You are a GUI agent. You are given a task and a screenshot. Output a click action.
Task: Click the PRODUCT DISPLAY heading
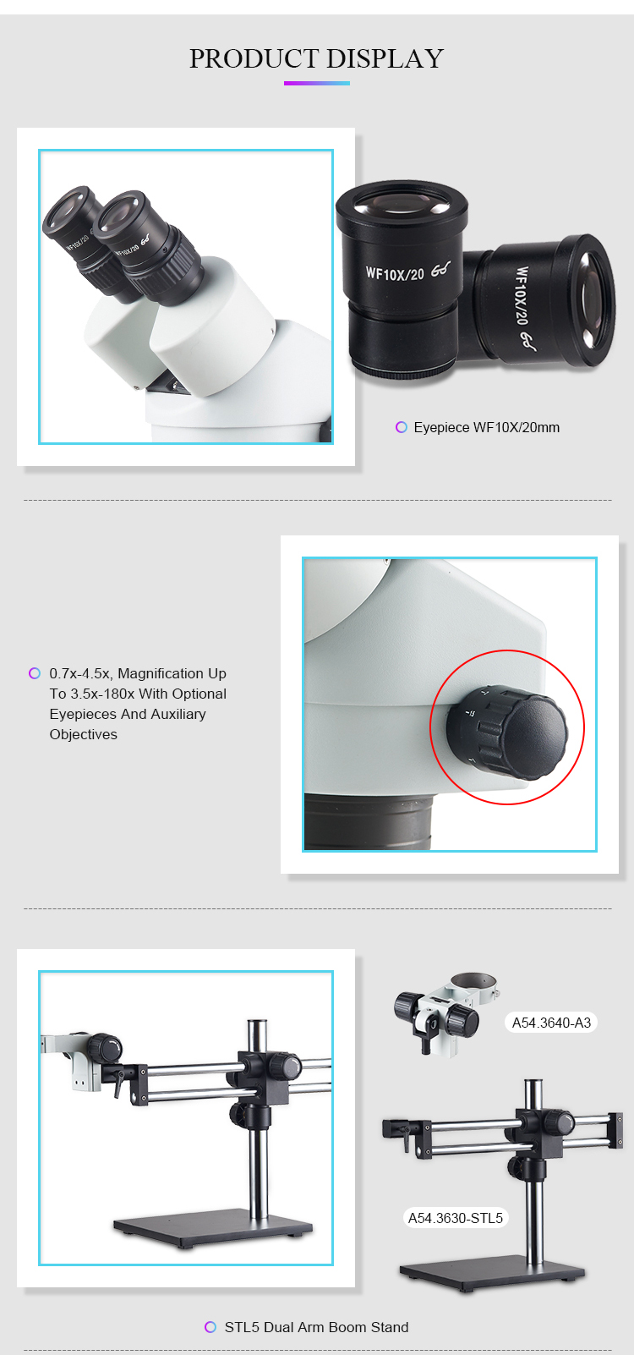(x=317, y=58)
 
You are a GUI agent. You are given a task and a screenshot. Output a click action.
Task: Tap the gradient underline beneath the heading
(x=317, y=83)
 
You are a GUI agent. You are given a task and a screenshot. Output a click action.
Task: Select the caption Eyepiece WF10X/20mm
(x=487, y=428)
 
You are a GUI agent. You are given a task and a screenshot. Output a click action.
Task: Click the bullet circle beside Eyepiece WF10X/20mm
(x=402, y=428)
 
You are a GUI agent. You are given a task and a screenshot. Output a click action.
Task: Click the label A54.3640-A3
(x=551, y=1023)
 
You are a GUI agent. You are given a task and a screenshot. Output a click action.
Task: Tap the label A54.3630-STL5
(x=456, y=1218)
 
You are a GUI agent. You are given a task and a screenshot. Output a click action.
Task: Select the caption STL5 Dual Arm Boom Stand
(x=317, y=1327)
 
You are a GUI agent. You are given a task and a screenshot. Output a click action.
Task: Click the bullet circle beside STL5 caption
(x=210, y=1327)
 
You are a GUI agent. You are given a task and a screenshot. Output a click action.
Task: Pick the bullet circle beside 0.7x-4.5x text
(x=35, y=673)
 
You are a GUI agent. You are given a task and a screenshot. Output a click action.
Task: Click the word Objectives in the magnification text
(x=84, y=734)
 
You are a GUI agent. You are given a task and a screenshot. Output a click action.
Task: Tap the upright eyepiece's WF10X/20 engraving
(x=395, y=274)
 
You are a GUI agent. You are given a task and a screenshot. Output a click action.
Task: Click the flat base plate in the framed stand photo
(x=213, y=1229)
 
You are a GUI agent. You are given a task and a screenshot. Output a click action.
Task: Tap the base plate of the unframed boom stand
(x=492, y=1276)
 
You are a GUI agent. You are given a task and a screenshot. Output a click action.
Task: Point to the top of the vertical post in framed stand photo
(x=258, y=1023)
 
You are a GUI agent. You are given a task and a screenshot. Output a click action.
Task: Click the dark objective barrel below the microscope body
(x=369, y=822)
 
